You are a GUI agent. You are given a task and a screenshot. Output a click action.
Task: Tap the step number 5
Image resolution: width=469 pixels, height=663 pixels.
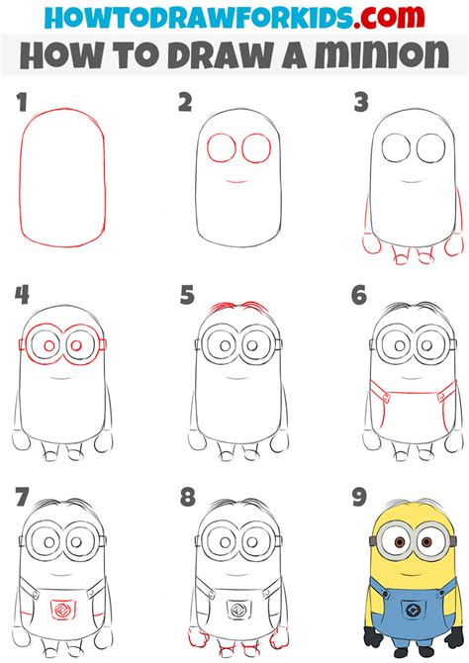[x=185, y=294]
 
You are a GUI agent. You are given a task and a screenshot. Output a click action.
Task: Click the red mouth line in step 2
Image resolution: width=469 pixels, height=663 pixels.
[x=234, y=181]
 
